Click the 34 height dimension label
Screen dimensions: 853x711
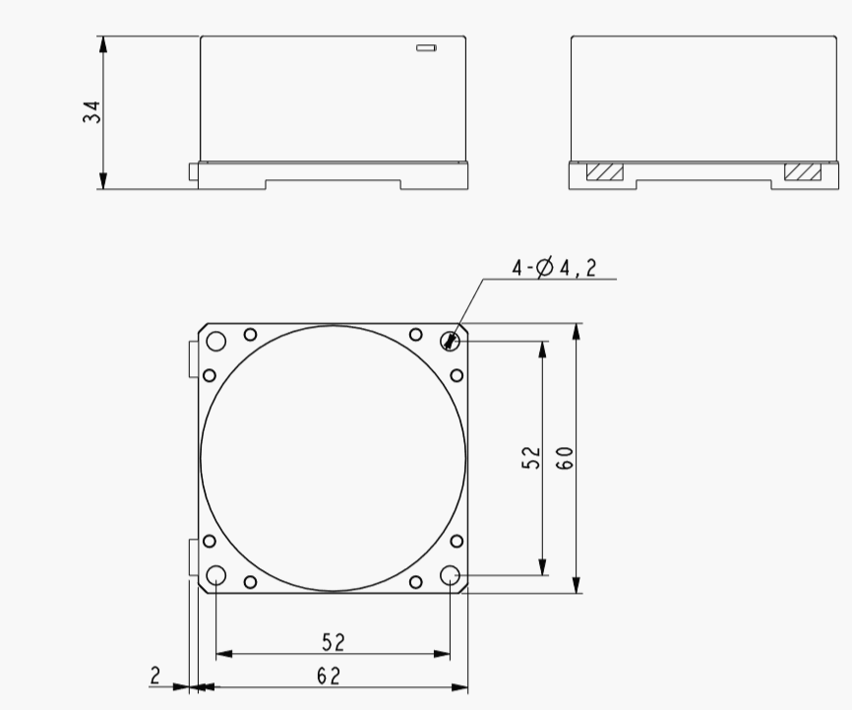(91, 112)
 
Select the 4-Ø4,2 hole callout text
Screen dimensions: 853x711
(554, 267)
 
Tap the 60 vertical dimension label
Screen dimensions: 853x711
(565, 458)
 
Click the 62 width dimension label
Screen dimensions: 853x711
(329, 677)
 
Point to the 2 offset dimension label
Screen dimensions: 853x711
(155, 676)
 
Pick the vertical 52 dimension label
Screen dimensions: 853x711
(531, 458)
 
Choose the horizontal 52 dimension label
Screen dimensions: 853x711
(334, 642)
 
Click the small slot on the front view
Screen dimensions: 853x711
(426, 48)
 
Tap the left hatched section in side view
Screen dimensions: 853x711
(605, 171)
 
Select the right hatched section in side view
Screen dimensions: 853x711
(803, 171)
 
